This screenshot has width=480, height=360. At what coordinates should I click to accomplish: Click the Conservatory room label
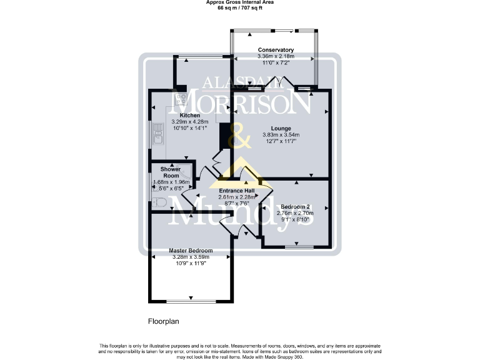pos(276,50)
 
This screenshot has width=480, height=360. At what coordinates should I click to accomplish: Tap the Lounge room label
pos(281,128)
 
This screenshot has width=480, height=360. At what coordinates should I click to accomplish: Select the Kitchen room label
pos(189,116)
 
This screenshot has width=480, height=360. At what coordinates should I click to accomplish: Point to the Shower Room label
pos(171,172)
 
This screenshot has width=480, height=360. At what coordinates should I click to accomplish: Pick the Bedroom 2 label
pos(295,207)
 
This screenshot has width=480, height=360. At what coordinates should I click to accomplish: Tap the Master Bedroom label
pos(191,250)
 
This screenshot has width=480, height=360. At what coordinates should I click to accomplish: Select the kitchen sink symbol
pos(157,134)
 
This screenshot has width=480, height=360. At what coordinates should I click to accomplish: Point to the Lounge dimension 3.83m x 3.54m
pos(281,135)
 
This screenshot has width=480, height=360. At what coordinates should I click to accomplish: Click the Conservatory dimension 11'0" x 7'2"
pos(276,63)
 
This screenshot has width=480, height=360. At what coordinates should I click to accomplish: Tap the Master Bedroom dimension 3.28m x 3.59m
pos(191,256)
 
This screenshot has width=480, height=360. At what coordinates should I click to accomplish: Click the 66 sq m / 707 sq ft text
pos(240,9)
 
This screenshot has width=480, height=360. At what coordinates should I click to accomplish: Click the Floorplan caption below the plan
pos(163,322)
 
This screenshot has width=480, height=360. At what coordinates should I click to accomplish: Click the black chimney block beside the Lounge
pos(225,136)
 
